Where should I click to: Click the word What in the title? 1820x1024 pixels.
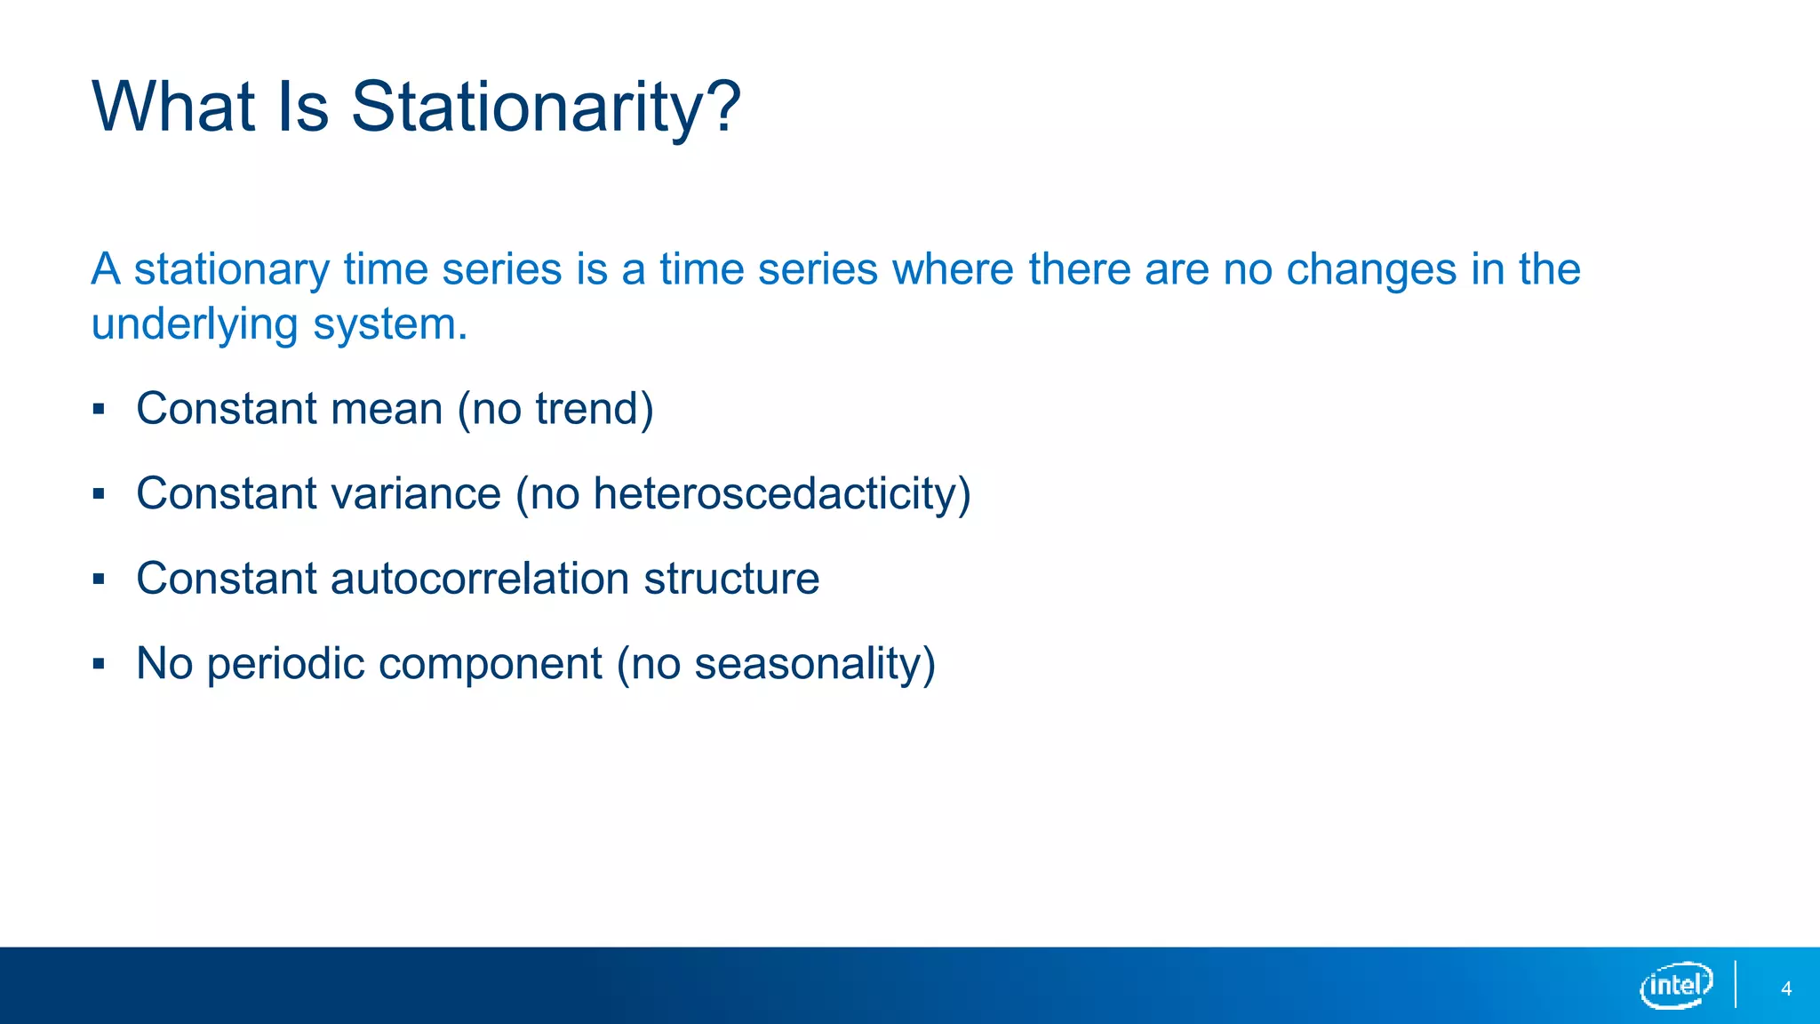coord(174,107)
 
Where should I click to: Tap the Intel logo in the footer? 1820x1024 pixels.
coord(1676,985)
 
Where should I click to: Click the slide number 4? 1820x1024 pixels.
coord(1786,988)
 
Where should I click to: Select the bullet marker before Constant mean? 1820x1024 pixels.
coord(99,410)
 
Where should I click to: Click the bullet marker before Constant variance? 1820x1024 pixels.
coord(99,494)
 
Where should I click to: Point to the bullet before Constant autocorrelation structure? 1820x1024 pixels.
coord(99,580)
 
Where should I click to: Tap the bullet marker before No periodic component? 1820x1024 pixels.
coord(99,664)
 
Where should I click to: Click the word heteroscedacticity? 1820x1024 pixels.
coord(775,493)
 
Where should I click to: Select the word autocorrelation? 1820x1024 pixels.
coord(480,579)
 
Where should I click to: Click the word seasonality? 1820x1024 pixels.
coord(807,664)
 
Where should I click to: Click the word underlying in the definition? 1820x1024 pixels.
coord(195,324)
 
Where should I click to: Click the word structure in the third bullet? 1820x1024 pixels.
coord(731,579)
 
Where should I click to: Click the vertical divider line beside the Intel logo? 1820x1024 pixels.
coord(1736,984)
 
